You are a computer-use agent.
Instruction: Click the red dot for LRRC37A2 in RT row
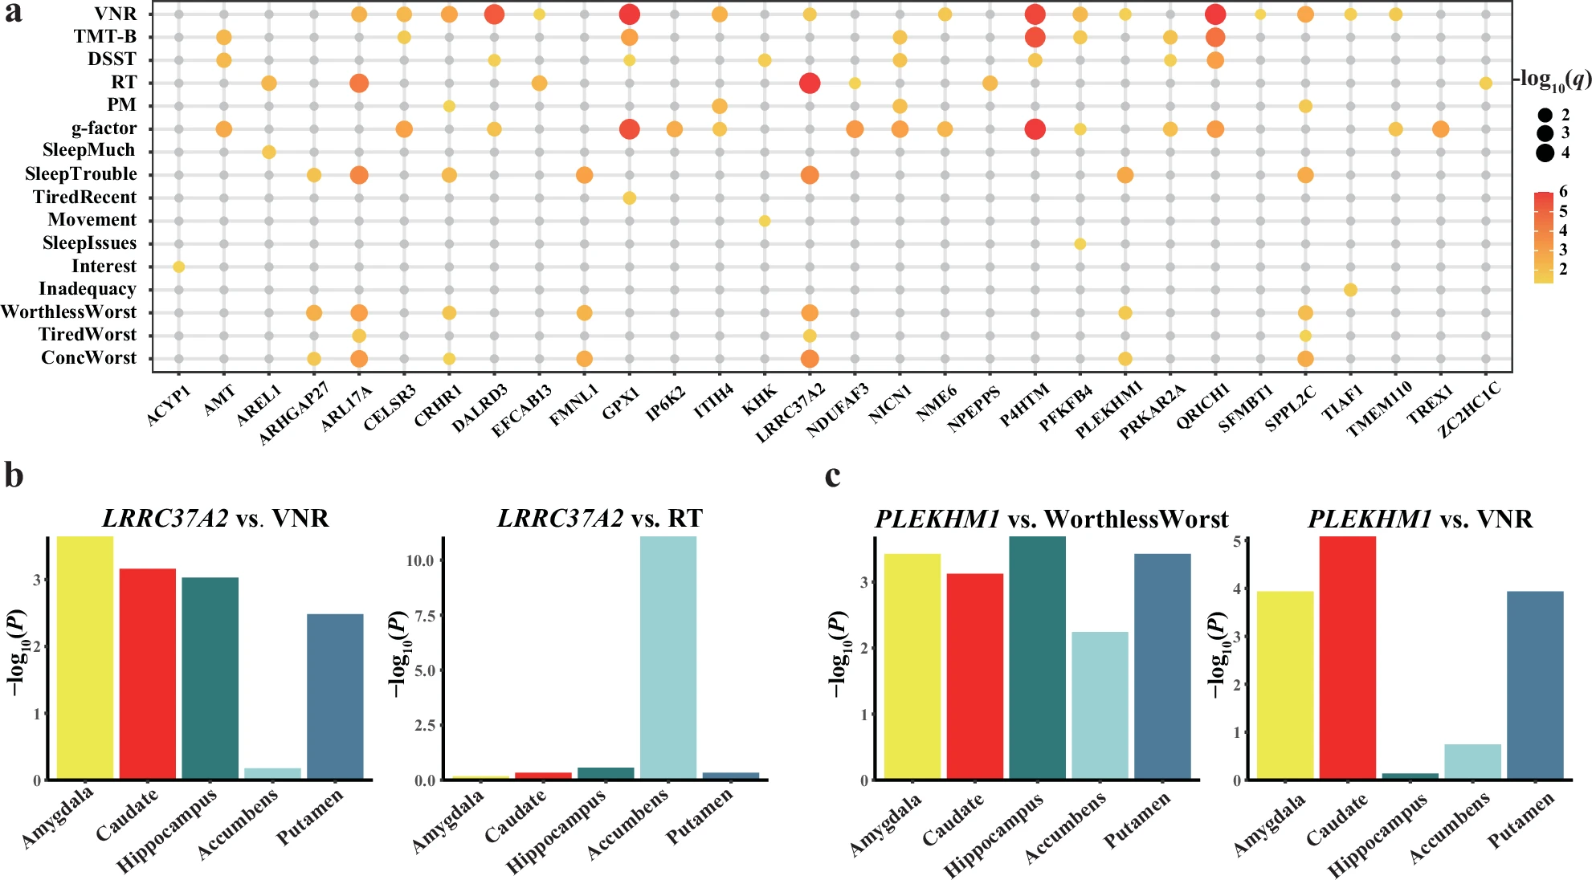coord(810,83)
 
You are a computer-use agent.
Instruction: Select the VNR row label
coord(115,14)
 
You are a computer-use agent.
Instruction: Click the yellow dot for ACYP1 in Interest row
coord(179,267)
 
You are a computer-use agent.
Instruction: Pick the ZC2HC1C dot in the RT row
coord(1486,83)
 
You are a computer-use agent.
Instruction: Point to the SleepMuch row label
coord(88,151)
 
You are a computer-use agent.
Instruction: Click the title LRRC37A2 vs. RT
coord(599,519)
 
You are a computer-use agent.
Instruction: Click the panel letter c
coord(833,475)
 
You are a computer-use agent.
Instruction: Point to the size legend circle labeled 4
coord(1545,153)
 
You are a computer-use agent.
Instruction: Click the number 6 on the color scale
coord(1563,191)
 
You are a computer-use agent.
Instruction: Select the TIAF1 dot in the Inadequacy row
coord(1350,290)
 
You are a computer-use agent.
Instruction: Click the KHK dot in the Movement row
coord(765,221)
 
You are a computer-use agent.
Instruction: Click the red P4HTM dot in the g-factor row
coord(1035,128)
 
